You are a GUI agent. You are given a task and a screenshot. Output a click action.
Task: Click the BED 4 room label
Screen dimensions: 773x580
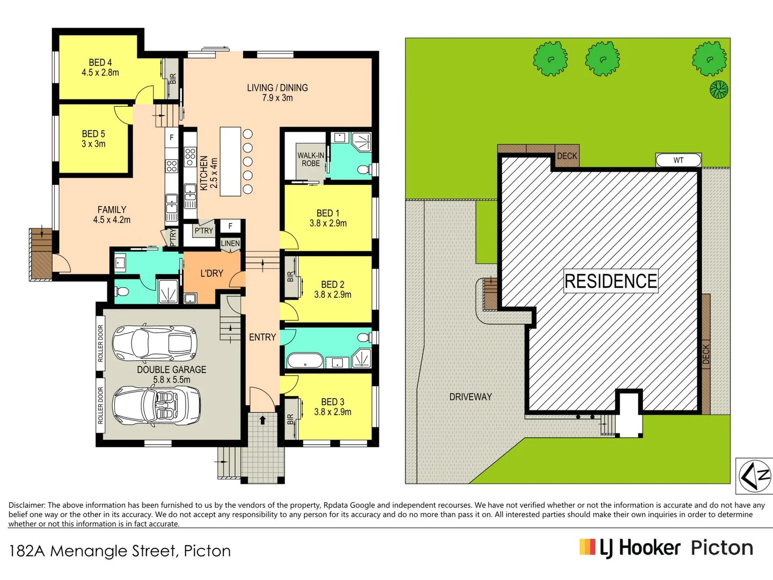100,63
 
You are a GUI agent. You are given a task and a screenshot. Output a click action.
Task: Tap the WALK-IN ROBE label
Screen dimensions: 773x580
311,160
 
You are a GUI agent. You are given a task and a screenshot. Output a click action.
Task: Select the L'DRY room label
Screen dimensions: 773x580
212,273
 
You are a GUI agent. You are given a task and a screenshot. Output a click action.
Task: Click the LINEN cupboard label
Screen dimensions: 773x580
230,243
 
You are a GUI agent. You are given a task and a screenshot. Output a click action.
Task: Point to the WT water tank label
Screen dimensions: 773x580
679,160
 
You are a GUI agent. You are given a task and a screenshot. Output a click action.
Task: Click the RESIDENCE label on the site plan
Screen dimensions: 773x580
611,281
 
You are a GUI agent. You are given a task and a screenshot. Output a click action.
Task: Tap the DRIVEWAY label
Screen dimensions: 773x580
470,397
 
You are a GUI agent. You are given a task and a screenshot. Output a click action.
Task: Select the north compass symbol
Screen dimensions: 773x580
754,476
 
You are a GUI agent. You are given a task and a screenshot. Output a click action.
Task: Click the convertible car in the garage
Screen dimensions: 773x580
156,405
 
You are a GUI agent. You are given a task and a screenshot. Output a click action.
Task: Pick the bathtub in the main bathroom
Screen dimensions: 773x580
305,361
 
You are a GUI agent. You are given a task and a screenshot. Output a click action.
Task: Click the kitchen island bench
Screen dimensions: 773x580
230,161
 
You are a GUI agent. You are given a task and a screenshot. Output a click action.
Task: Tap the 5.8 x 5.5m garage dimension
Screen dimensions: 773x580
171,380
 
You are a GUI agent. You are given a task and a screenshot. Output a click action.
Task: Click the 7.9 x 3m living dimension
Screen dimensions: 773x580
278,98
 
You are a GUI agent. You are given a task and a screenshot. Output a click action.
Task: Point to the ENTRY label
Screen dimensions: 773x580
262,337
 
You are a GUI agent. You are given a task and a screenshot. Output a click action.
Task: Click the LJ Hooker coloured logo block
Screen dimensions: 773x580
587,547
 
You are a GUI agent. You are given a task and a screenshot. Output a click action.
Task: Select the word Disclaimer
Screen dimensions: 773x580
26,505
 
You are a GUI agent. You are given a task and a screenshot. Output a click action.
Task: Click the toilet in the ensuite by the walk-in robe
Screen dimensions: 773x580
363,170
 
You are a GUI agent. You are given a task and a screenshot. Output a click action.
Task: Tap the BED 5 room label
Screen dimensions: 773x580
93,134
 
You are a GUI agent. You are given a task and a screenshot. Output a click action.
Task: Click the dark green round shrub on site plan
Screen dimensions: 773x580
719,89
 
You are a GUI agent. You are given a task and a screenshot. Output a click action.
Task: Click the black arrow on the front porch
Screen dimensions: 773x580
262,420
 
